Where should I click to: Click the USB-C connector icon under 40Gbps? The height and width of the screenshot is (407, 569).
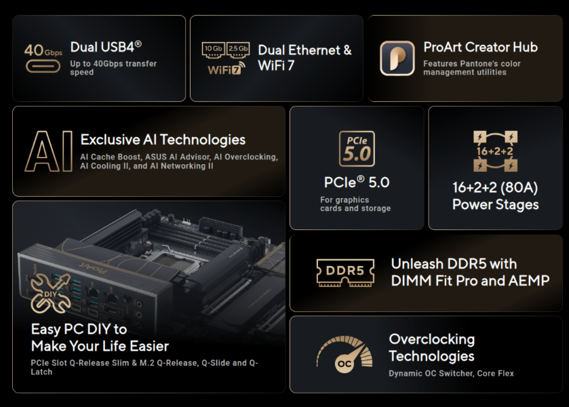[43, 66]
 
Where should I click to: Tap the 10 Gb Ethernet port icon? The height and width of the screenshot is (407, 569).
[213, 50]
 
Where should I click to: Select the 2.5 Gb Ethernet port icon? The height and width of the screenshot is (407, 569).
[238, 50]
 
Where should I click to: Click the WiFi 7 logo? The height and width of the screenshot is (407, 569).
[227, 69]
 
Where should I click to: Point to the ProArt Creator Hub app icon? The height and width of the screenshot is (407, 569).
[397, 58]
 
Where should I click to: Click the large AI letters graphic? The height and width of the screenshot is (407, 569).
[49, 151]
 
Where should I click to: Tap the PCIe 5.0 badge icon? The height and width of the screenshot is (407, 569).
[357, 149]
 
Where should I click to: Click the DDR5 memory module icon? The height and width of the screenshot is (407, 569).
[345, 272]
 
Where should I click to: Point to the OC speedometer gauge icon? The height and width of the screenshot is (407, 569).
[345, 354]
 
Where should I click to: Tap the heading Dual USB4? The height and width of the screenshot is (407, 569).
[106, 47]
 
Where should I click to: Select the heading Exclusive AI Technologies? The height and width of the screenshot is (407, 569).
[163, 140]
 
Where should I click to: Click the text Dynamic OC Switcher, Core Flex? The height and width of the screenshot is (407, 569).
[451, 373]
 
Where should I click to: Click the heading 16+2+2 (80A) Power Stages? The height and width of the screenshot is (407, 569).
[495, 195]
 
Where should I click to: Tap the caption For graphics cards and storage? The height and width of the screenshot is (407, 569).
[355, 204]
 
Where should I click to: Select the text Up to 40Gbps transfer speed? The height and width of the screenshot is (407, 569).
[113, 68]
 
